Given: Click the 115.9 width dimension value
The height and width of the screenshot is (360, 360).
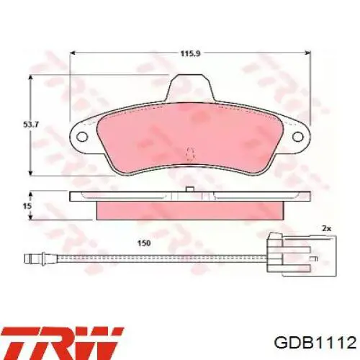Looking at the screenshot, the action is [190, 53].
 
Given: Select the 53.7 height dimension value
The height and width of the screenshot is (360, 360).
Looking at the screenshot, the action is [31, 125].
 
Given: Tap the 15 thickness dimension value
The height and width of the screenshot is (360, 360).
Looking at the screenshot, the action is [27, 206].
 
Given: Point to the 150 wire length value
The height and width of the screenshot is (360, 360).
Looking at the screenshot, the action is [144, 243].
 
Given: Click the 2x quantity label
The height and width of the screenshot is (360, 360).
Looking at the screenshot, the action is [326, 229].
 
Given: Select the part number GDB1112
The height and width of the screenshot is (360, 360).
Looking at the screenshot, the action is [315, 342].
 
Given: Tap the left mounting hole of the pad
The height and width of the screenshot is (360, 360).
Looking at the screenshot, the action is [82, 137].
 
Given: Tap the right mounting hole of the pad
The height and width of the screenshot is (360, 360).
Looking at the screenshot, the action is [298, 137].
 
